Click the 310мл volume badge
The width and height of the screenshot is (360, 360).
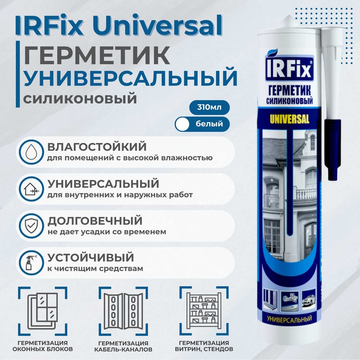pyautogui.click(x=209, y=107)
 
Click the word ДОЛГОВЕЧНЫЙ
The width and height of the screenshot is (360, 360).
pyautogui.click(x=95, y=220)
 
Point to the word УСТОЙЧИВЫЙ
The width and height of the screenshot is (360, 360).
pyautogui.click(x=91, y=257)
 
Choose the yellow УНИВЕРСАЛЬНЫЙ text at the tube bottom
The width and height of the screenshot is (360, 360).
pyautogui.click(x=289, y=318)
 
